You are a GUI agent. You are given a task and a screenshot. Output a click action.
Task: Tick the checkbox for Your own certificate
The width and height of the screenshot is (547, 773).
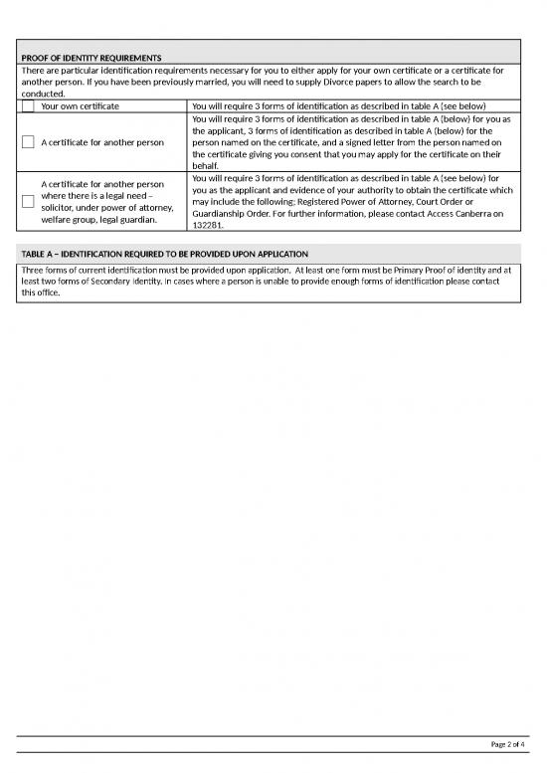(x=28, y=106)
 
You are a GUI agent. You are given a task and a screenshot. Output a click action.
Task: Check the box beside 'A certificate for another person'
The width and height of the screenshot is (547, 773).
(x=28, y=142)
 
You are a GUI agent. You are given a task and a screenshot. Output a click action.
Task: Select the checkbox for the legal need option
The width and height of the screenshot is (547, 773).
(x=28, y=201)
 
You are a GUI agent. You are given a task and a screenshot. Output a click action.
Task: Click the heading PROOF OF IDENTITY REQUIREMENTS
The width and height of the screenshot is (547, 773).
(x=91, y=58)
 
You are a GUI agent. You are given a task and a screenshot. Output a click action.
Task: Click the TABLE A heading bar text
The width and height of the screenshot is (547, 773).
(x=165, y=255)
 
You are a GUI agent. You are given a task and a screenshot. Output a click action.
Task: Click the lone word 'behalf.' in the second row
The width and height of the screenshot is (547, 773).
(x=206, y=166)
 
